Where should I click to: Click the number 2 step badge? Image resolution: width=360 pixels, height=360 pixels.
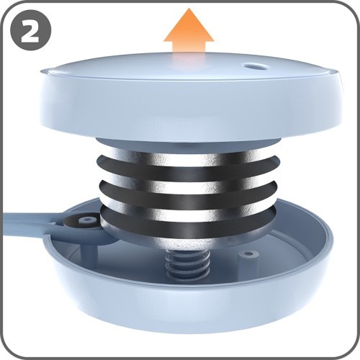point(31,30)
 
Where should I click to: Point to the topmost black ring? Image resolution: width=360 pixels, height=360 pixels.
point(188,168)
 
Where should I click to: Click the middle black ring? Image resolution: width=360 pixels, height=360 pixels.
point(188,194)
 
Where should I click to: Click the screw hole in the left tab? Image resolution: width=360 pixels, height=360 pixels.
point(89,220)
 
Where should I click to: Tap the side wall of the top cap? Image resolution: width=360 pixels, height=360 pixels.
point(189,108)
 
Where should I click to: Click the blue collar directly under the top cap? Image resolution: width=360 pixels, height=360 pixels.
point(189,143)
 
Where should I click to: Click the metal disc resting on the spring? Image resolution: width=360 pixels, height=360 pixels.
point(188,243)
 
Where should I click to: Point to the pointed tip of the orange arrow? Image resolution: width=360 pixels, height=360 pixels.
point(189,9)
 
